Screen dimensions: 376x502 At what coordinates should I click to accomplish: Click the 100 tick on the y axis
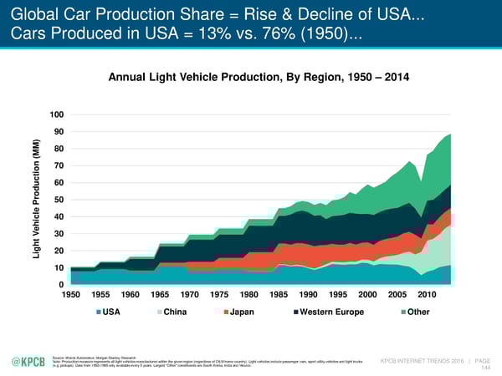pos(55,114)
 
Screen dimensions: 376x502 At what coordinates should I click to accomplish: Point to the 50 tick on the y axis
pos(58,200)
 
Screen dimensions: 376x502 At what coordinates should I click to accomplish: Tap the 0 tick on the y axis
pos(60,285)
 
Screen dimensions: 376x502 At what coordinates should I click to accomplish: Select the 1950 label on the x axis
pos(71,296)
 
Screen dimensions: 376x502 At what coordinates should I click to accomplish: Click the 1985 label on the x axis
pos(279,296)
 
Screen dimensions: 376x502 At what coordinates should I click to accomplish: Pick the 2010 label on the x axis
pos(428,296)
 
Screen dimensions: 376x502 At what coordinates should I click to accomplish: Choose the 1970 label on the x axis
pos(190,296)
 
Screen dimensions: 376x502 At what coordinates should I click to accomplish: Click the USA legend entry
pos(114,314)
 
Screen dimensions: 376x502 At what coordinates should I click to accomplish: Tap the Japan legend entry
pos(242,314)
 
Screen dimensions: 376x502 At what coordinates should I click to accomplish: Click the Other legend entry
pos(416,314)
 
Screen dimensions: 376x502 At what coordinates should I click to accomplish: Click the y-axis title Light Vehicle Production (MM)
pos(36,200)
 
